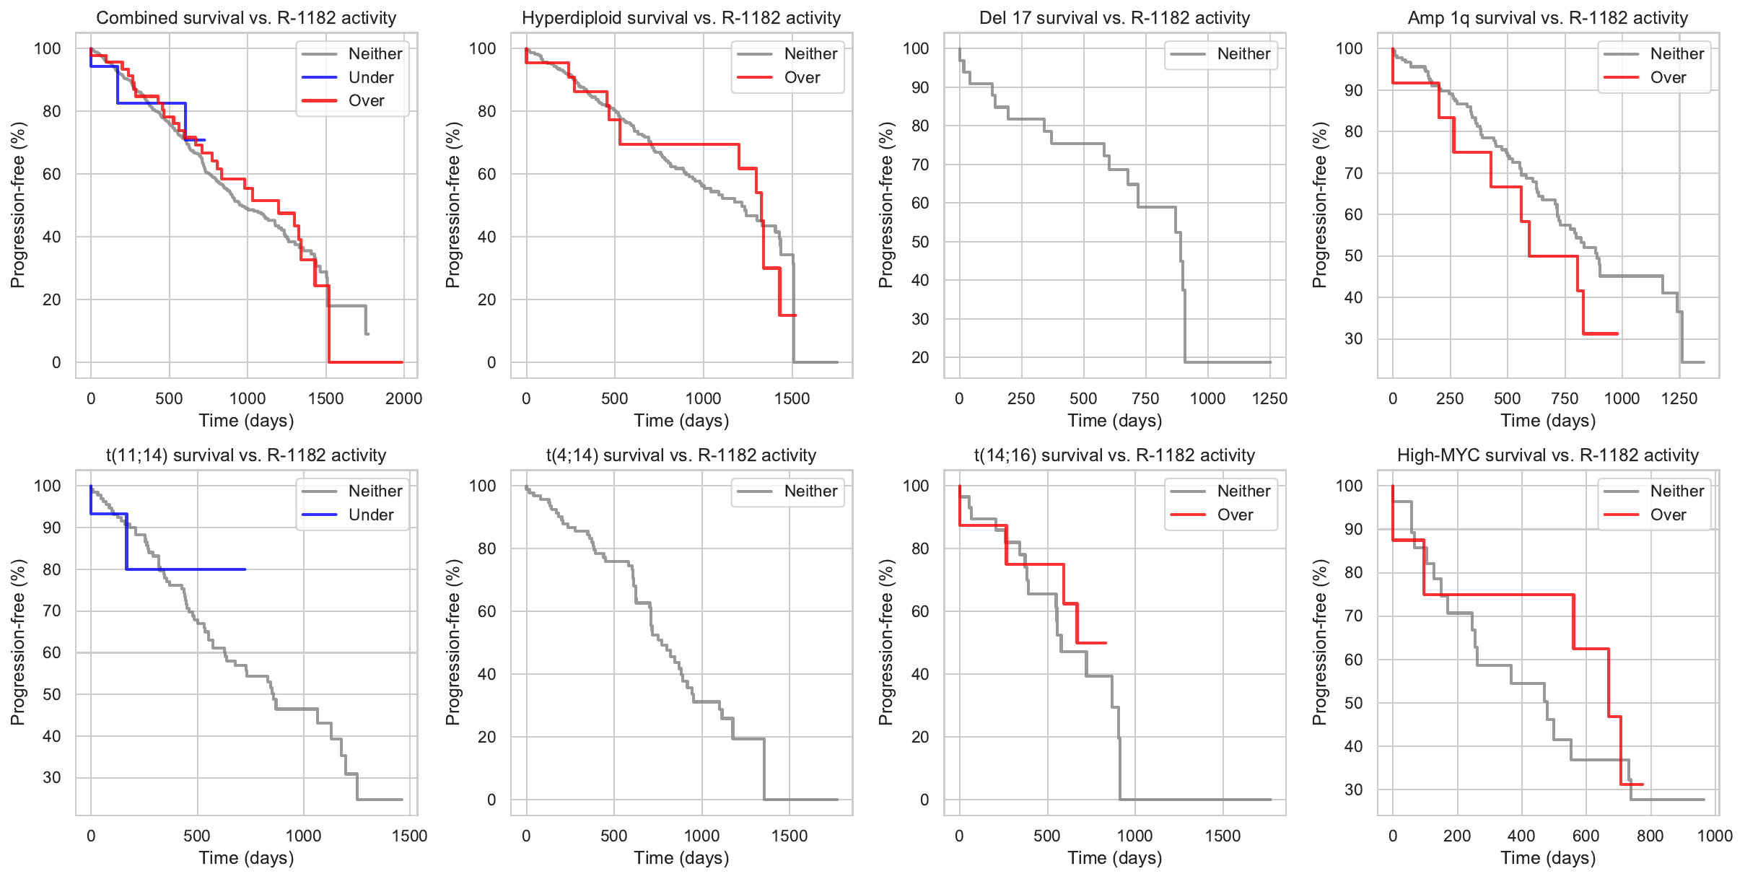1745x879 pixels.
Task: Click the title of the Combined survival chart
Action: pos(246,18)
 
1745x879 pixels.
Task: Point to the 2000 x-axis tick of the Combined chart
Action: pos(403,398)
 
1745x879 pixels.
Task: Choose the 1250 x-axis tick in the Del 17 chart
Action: pos(1269,398)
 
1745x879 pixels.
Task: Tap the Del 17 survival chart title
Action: pos(1114,18)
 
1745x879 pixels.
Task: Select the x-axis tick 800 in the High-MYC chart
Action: pos(1650,836)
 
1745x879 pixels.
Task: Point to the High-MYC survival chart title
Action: pos(1547,455)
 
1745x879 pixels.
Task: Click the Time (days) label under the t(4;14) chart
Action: pos(681,857)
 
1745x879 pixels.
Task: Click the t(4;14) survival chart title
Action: pos(681,455)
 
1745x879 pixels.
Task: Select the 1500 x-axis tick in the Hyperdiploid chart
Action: pos(792,398)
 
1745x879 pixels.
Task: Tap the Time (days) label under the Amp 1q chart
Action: pos(1547,420)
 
